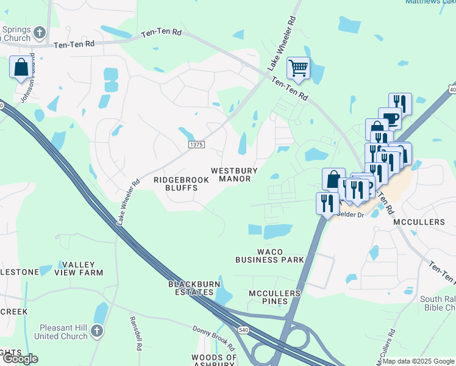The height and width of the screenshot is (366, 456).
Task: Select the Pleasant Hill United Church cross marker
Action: click(x=96, y=331)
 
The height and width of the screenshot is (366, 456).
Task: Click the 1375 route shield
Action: click(x=196, y=145)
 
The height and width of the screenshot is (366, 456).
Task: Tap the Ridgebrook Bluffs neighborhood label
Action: click(x=181, y=184)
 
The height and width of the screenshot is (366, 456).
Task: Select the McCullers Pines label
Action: click(x=275, y=298)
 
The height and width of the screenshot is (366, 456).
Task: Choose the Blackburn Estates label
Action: click(x=194, y=289)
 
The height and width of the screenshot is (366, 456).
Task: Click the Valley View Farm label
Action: click(x=82, y=268)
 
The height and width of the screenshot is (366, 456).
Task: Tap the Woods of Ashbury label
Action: click(x=214, y=361)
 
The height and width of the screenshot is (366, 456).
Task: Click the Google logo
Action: click(x=20, y=359)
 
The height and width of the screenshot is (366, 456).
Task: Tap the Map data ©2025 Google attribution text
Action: click(x=418, y=361)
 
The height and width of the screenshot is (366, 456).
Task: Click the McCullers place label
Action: click(x=419, y=222)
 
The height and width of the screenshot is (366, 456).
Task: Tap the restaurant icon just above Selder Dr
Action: click(x=327, y=203)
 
